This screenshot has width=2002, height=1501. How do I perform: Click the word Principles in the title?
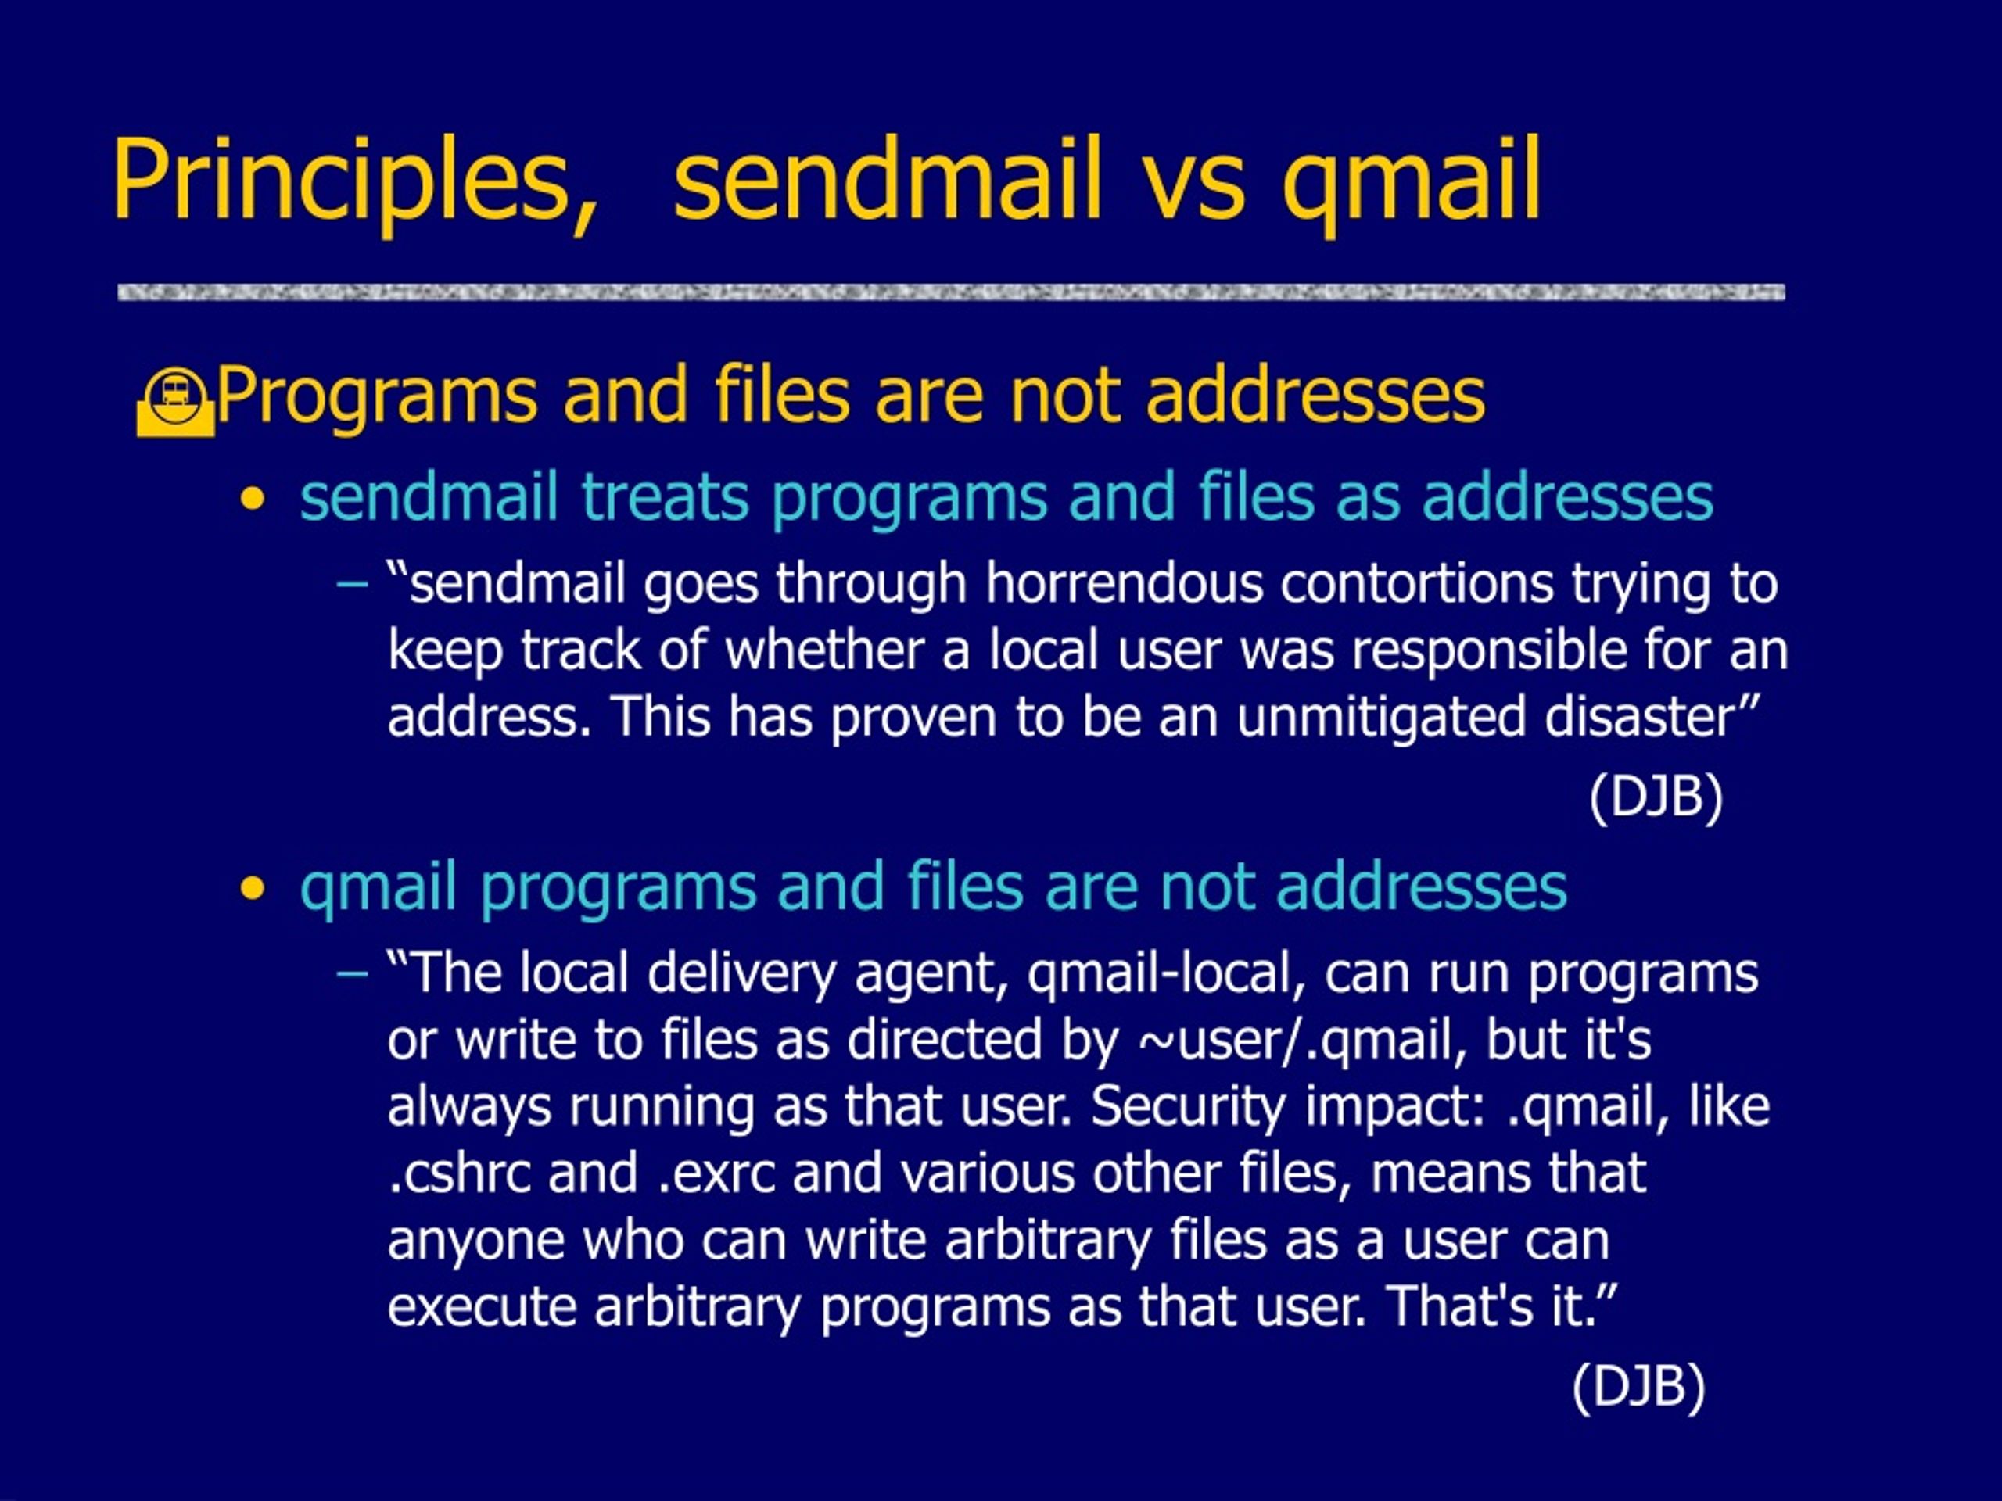pos(354,181)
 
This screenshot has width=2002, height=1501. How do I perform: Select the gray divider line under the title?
pos(951,292)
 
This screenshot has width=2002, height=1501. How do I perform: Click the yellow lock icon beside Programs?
pos(176,403)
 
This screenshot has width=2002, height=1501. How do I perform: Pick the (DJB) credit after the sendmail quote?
pos(1656,797)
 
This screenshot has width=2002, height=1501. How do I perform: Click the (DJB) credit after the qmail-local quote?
pos(1639,1386)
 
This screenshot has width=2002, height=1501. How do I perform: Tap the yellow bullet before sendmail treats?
pos(253,500)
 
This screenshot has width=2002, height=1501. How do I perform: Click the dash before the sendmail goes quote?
pos(352,586)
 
